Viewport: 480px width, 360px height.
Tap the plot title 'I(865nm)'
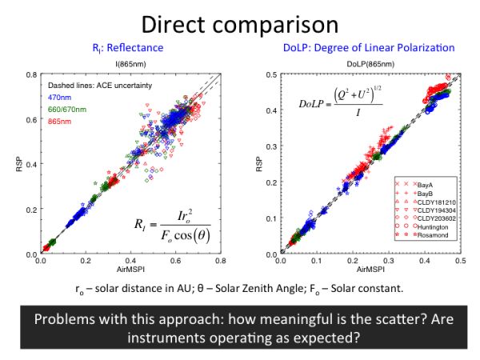pos(130,62)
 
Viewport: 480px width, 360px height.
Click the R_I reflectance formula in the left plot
pos(164,221)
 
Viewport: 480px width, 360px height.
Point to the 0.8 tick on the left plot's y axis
pos(29,75)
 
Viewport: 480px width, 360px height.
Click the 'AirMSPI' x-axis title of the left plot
pos(129,270)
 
